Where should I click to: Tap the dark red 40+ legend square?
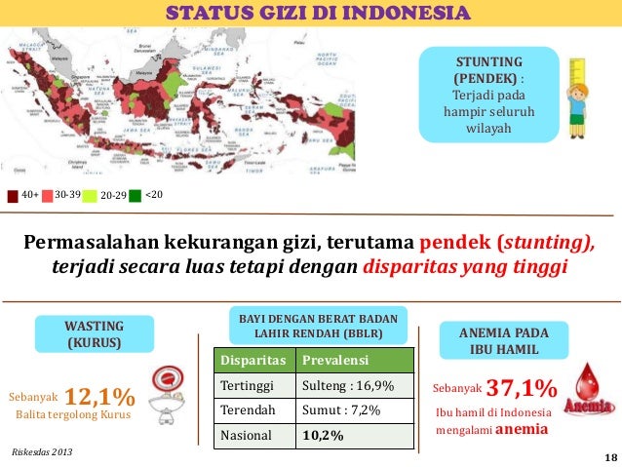[13, 195]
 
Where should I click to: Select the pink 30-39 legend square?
[47, 195]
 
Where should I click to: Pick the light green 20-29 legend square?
[91, 195]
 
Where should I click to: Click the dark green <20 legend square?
[135, 195]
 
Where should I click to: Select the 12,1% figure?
[101, 396]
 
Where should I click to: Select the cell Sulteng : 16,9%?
[348, 386]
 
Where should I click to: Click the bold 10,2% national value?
[323, 435]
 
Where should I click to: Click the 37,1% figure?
[521, 389]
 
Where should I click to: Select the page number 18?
[610, 457]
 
